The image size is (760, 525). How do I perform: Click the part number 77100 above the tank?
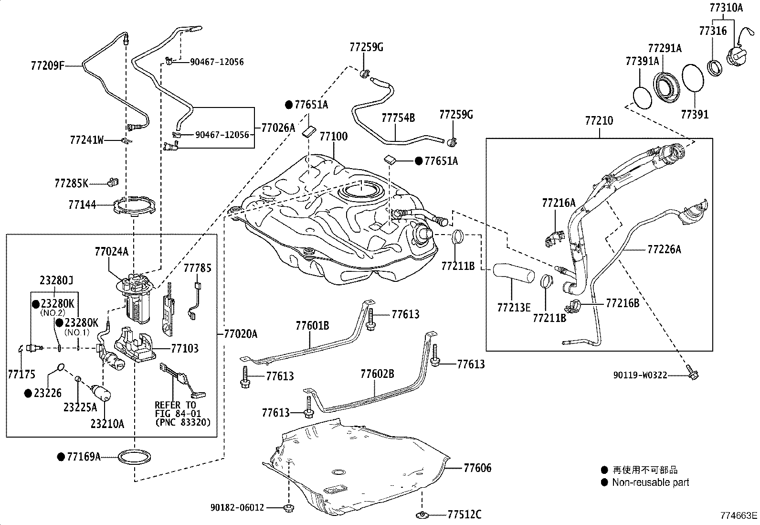coord(333,137)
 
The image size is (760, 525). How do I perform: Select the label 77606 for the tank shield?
coord(477,468)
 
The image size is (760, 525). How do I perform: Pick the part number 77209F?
coord(47,65)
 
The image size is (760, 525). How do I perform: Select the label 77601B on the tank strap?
coord(312,326)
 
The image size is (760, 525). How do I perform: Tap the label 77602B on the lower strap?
coord(377,374)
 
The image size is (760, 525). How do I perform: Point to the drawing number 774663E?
coord(739,515)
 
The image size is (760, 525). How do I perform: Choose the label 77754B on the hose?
coord(398,118)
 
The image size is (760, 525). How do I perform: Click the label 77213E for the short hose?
coord(513,307)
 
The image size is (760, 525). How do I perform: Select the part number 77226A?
coord(664,249)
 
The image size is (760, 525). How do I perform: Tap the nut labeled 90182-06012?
coord(288,507)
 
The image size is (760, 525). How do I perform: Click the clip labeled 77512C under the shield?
coord(422,514)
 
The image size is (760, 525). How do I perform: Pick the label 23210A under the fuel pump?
coord(107,423)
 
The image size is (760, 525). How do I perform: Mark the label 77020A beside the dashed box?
coord(241,334)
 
